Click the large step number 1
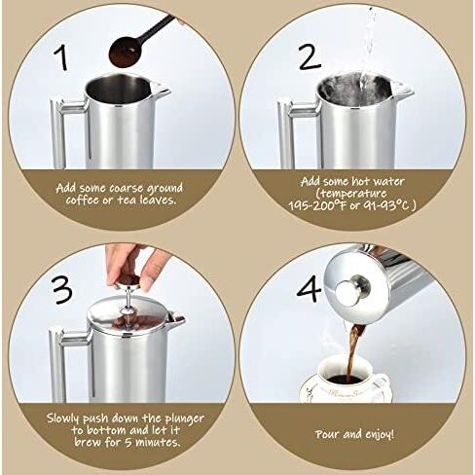point(61,57)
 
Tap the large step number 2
point(310,56)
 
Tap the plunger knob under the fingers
point(128,283)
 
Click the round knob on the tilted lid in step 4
point(352,290)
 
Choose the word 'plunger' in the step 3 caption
point(185,419)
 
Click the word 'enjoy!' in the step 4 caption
point(380,434)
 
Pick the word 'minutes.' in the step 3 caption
point(158,442)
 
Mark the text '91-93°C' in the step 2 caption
point(385,205)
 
